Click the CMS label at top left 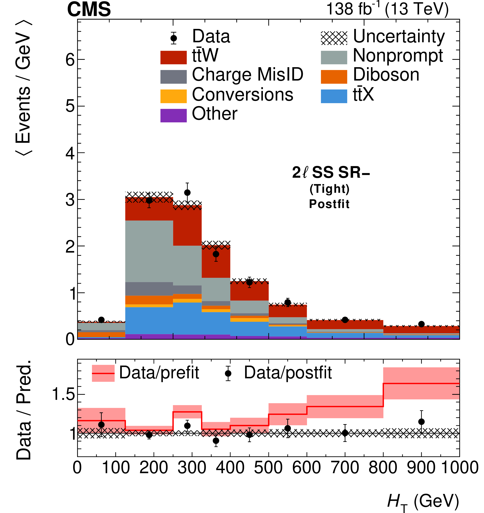coord(89,9)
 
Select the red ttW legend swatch coord(173,57)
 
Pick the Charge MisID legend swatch coord(173,77)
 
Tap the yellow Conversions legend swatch coord(173,96)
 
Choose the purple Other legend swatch coord(173,115)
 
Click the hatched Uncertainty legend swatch coord(334,38)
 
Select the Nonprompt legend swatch coord(334,57)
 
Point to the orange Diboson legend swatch coord(334,77)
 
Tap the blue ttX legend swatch coord(334,96)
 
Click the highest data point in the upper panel coord(187,193)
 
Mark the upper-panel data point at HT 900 coord(421,324)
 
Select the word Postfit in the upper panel coord(329,204)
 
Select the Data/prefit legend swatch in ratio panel coord(103,373)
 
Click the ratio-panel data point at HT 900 coord(421,422)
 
